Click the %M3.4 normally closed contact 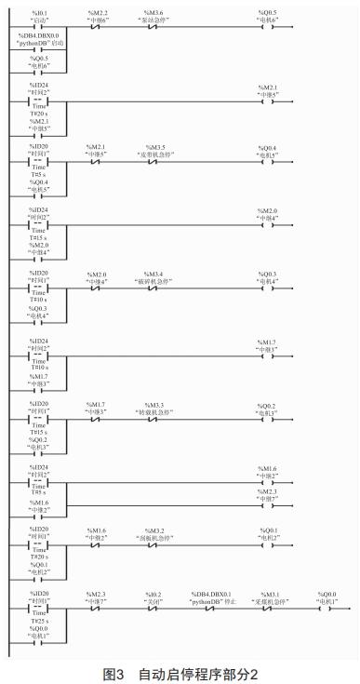pyautogui.click(x=153, y=288)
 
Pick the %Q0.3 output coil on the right pyautogui.click(x=268, y=288)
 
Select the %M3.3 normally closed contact pyautogui.click(x=153, y=416)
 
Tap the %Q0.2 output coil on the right pyautogui.click(x=268, y=416)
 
